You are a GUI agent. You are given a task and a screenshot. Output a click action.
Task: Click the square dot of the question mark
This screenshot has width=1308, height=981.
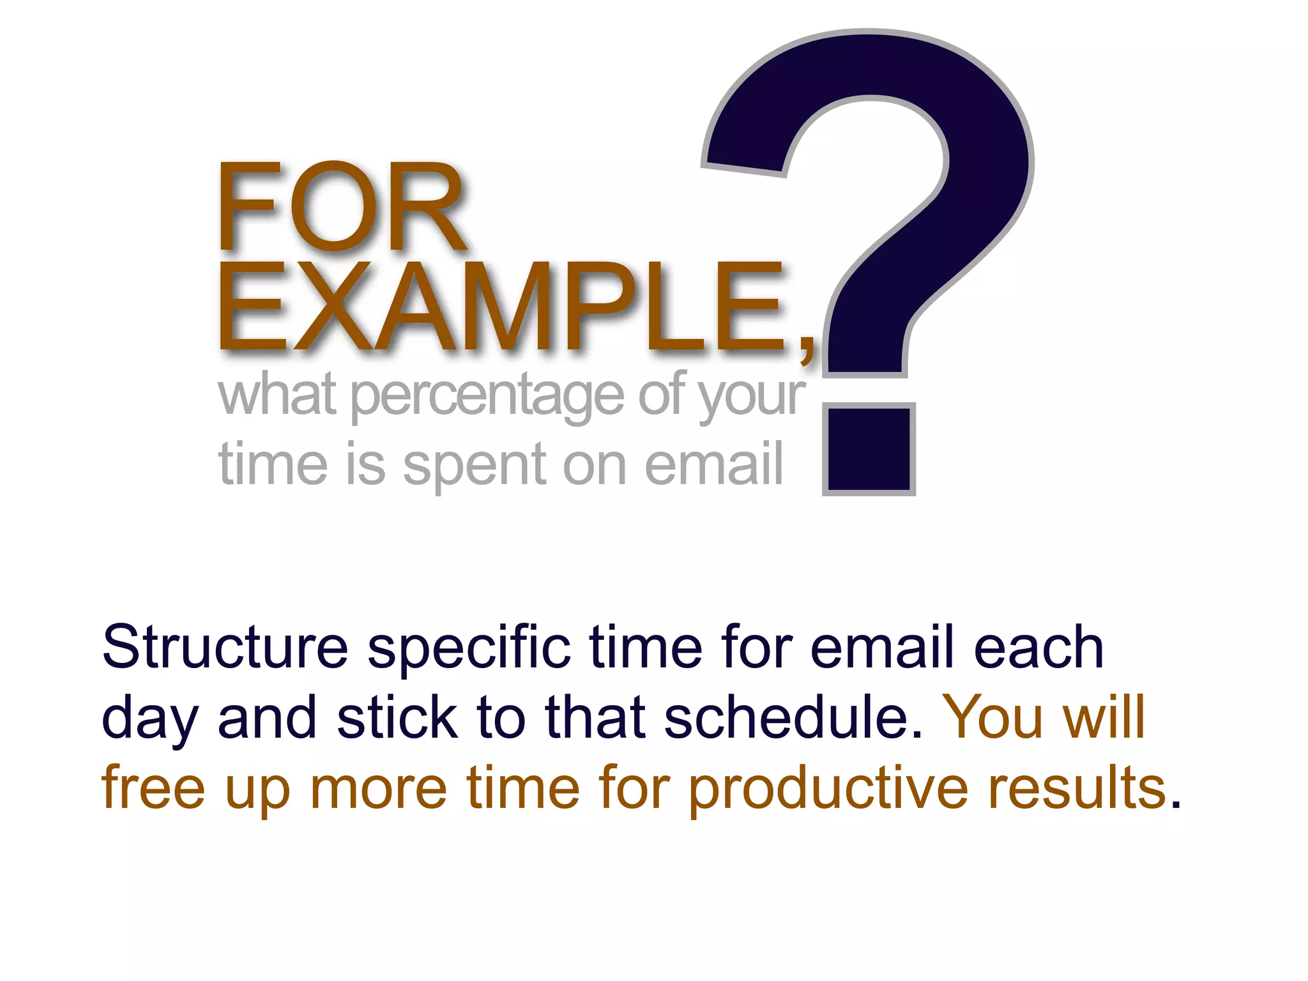click(869, 449)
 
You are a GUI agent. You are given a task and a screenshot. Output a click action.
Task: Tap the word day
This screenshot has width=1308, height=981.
click(150, 719)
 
